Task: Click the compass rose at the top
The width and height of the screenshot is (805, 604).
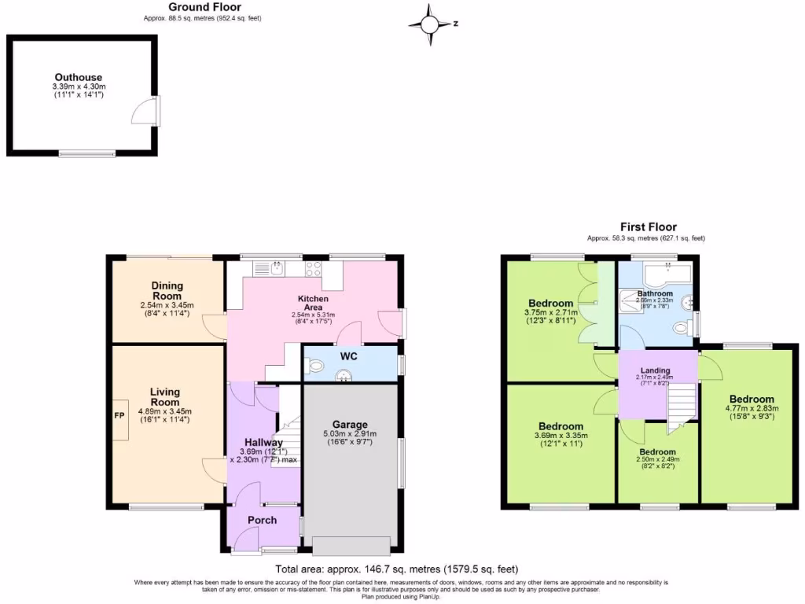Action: pos(430,24)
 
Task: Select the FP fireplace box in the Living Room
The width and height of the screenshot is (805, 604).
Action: pos(119,414)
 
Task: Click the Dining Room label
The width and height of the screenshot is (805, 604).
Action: pos(167,290)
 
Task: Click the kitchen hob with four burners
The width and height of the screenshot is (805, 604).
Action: pos(313,268)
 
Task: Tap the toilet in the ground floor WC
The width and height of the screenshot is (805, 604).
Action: pos(316,365)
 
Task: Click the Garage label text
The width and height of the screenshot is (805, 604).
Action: pos(350,425)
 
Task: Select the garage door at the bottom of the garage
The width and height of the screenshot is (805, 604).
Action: pos(350,545)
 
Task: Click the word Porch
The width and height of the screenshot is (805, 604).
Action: pos(262,520)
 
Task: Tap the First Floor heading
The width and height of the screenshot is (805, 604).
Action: pos(648,226)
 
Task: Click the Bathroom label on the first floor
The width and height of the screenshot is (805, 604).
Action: pos(655,293)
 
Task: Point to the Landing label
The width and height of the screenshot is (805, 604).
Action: pos(655,370)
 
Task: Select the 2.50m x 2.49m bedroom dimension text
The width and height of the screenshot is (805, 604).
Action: pos(657,460)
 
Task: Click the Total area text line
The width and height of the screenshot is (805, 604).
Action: pos(396,569)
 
